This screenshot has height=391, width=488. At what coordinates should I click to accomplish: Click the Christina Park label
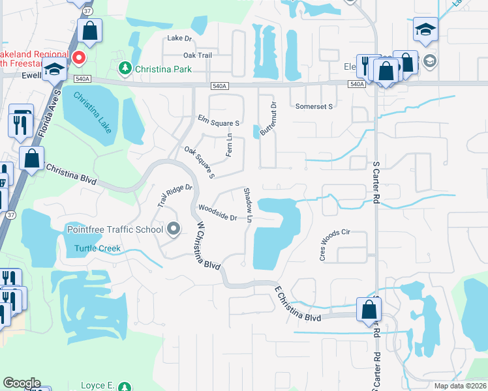tap(163, 68)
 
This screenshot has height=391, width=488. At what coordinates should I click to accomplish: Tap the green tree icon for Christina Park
tap(124, 68)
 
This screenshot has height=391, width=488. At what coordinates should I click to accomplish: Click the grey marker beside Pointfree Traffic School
tap(174, 229)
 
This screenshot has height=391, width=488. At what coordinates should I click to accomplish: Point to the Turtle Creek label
tap(97, 248)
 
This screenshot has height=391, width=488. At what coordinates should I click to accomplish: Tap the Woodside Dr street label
tap(217, 213)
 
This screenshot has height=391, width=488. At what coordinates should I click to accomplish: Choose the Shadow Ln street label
tap(248, 205)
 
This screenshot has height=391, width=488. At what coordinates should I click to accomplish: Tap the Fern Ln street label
tap(229, 145)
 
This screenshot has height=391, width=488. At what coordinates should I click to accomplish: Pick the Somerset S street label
tap(314, 106)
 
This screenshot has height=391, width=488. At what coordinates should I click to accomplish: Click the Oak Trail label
tap(198, 55)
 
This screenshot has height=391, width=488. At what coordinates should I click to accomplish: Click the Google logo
tap(22, 383)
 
